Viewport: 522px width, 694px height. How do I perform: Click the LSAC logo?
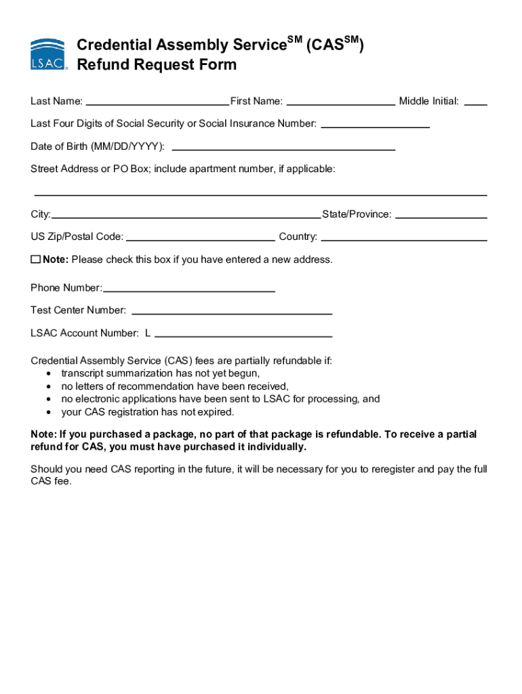48,55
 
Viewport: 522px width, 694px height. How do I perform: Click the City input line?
186,215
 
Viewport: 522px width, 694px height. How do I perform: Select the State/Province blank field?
441,215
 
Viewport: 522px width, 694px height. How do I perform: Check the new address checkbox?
35,260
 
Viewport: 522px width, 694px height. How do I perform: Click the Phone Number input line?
189,289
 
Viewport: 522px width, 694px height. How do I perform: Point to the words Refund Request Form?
157,65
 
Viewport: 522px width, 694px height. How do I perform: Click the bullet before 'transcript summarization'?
49,373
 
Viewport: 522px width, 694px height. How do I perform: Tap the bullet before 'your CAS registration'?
49,412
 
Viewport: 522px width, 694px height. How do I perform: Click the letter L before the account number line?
147,333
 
